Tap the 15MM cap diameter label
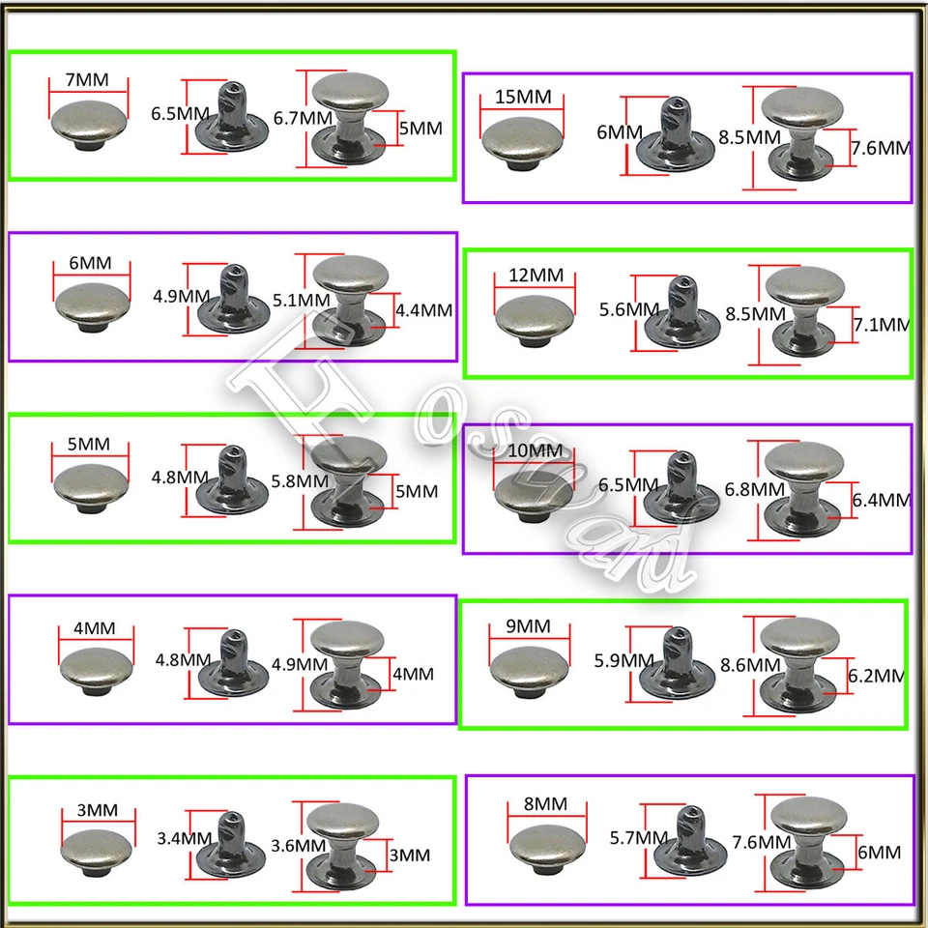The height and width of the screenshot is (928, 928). coord(522,98)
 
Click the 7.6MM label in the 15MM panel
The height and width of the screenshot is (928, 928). coord(881,148)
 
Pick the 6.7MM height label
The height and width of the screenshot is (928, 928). coord(303,117)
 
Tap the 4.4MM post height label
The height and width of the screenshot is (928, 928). coord(424,310)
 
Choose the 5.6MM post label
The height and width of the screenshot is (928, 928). coord(628,309)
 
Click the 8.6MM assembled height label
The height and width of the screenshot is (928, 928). coord(751,665)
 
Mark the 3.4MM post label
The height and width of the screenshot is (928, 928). coord(184,838)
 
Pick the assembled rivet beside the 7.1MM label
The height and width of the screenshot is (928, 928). coord(802,309)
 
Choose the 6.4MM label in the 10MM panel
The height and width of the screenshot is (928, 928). coord(881,500)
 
